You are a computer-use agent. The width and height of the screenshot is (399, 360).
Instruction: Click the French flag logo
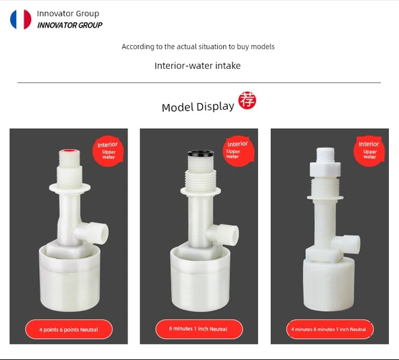click(x=21, y=20)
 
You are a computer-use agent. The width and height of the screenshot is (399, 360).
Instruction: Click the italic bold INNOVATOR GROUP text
click(x=69, y=25)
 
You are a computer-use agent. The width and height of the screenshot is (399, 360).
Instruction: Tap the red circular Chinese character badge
click(x=247, y=100)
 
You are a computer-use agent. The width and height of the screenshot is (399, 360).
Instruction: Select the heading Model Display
click(x=197, y=107)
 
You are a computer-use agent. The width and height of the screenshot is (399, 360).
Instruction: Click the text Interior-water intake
click(x=197, y=65)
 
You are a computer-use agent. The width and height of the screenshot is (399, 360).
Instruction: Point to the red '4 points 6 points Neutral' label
click(x=69, y=330)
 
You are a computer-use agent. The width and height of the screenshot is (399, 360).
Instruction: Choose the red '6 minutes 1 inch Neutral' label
click(x=199, y=329)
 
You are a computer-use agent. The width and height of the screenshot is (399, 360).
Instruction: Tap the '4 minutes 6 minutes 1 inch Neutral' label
click(x=330, y=329)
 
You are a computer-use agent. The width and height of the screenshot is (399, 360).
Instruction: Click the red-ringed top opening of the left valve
click(x=69, y=151)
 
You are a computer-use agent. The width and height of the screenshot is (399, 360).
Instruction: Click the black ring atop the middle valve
click(x=201, y=153)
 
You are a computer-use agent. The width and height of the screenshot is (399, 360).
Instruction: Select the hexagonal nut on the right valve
click(x=325, y=169)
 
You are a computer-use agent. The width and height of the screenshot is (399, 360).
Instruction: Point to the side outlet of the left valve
click(x=94, y=233)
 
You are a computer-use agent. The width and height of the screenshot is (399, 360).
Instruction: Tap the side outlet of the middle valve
click(x=224, y=235)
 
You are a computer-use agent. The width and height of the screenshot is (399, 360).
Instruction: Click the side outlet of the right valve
click(x=348, y=245)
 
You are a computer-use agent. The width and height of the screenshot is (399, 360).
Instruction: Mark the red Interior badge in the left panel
click(x=108, y=151)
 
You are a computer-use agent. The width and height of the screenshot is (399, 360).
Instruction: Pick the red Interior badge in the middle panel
click(x=239, y=151)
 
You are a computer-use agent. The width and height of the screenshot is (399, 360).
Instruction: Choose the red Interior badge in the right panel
click(x=369, y=151)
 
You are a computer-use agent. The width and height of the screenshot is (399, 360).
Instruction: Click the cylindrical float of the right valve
click(x=328, y=283)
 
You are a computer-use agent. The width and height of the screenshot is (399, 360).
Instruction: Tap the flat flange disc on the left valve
click(x=69, y=188)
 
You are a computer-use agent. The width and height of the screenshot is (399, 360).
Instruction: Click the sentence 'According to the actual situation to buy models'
click(x=198, y=47)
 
